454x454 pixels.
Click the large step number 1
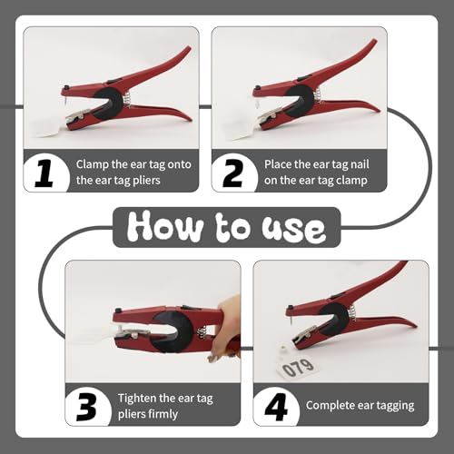click(x=44, y=173)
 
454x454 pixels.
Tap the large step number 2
click(x=232, y=173)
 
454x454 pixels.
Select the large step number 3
click(x=87, y=407)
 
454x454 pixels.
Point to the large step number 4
click(x=276, y=407)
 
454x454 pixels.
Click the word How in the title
click(x=165, y=226)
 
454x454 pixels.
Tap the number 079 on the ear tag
click(x=298, y=368)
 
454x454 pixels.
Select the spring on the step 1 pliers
click(x=127, y=100)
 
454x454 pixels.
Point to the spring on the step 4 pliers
click(x=353, y=311)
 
